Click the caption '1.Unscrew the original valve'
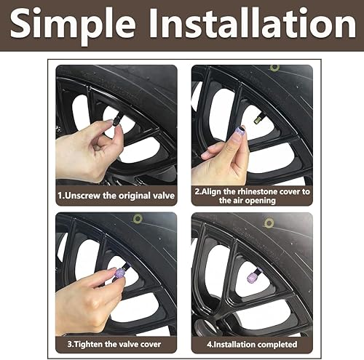point(116,195)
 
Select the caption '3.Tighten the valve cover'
point(116,343)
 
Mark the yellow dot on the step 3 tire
point(137,218)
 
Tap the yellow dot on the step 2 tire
point(274,68)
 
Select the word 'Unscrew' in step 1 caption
point(92,195)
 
